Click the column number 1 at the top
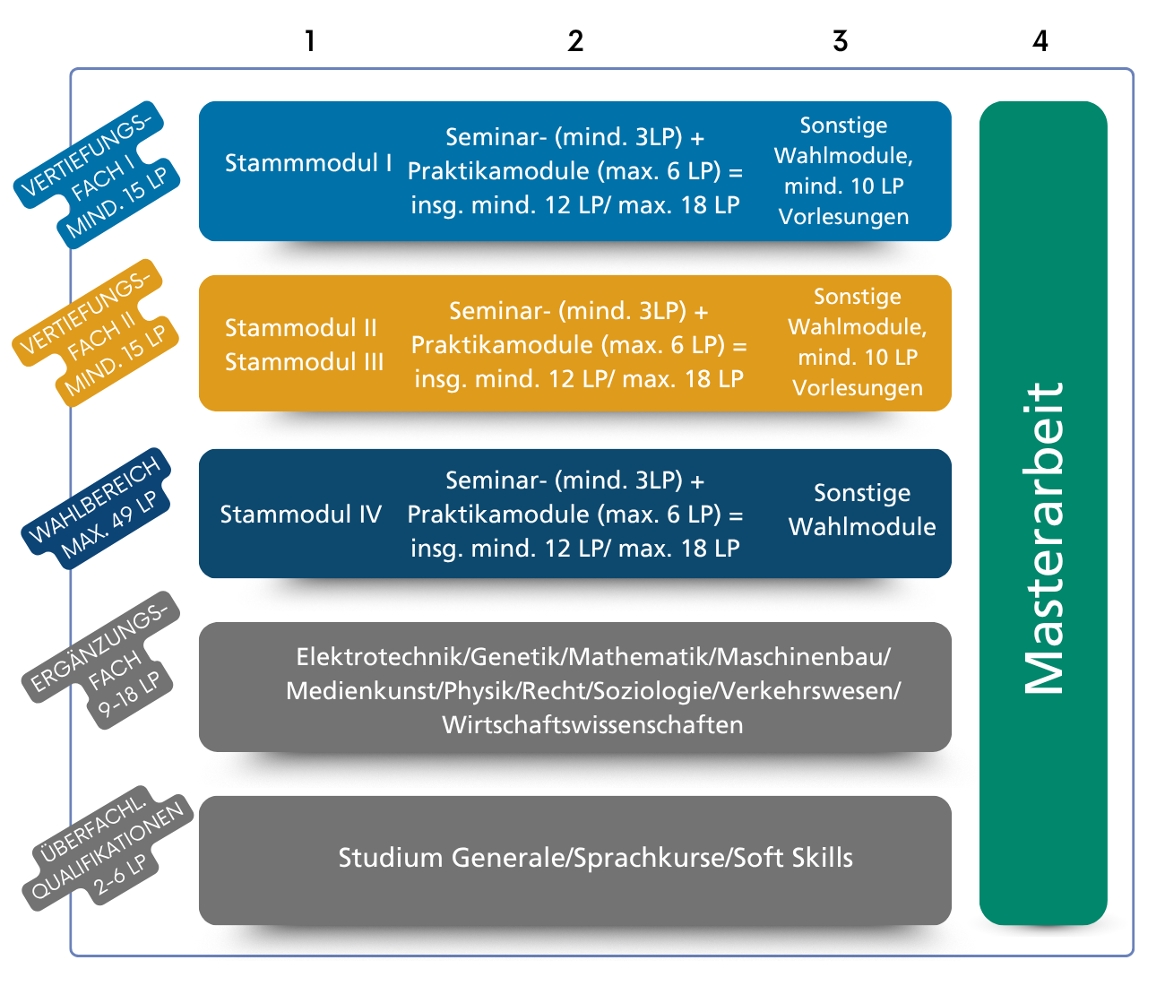309,41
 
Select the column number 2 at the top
575,41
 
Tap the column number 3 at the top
840,41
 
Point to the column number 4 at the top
1040,41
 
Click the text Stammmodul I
308,163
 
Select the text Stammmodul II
301,328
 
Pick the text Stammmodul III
305,362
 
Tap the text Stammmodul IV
301,515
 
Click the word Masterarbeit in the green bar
1043,538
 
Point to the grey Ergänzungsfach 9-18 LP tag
100,660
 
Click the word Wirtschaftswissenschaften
592,725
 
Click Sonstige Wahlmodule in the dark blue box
862,509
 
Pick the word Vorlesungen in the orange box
858,388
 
